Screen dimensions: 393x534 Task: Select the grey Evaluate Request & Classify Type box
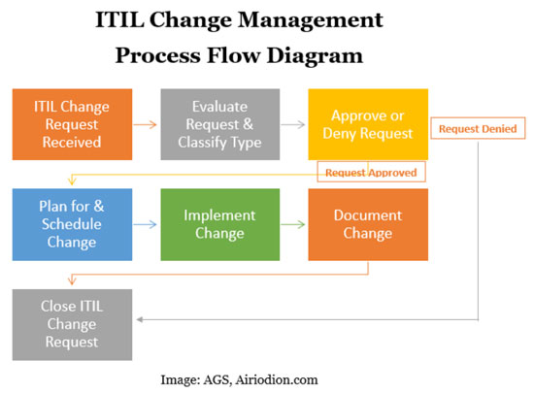coord(219,124)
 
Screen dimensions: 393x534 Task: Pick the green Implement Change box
coord(219,224)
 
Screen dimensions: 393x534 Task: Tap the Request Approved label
coord(372,172)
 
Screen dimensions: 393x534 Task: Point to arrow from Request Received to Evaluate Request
coord(145,124)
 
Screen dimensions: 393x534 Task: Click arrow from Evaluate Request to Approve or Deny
coord(293,124)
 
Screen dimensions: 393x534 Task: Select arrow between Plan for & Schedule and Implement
coord(145,224)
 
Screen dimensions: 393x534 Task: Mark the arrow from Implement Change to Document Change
coord(293,224)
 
